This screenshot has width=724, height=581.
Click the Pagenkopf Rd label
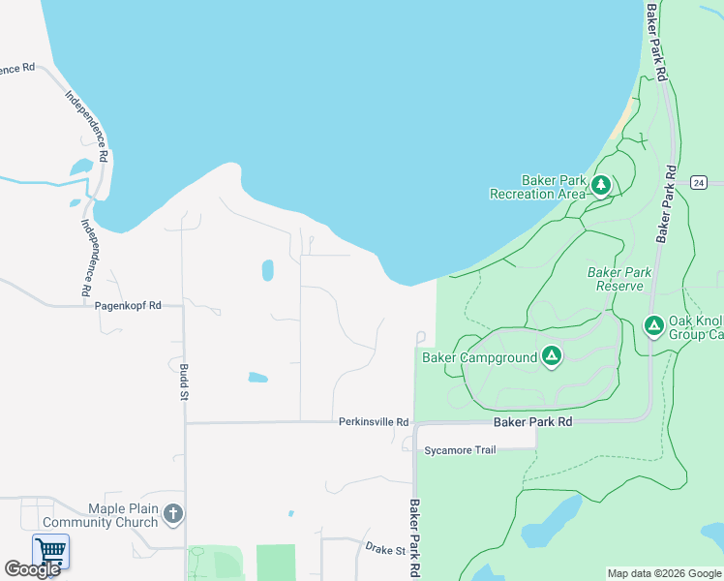click(x=127, y=305)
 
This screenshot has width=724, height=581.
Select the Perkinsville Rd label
click(x=374, y=422)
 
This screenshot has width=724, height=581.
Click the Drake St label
click(x=385, y=549)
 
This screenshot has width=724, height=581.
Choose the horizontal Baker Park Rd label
click(x=532, y=422)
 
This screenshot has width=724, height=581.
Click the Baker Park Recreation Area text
click(x=538, y=187)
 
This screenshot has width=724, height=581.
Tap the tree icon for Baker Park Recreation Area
click(x=601, y=185)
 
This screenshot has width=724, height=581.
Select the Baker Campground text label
click(x=479, y=357)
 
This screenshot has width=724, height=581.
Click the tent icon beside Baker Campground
click(x=552, y=357)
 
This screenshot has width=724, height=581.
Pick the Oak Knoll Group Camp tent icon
click(x=654, y=326)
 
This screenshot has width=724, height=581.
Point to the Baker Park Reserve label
click(x=619, y=279)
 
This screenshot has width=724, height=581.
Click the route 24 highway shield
click(x=700, y=182)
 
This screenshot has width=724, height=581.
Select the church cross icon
click(x=173, y=514)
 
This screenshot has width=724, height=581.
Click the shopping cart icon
click(x=50, y=551)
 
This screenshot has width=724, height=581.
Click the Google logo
click(x=32, y=569)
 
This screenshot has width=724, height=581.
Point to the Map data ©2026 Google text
click(x=663, y=573)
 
